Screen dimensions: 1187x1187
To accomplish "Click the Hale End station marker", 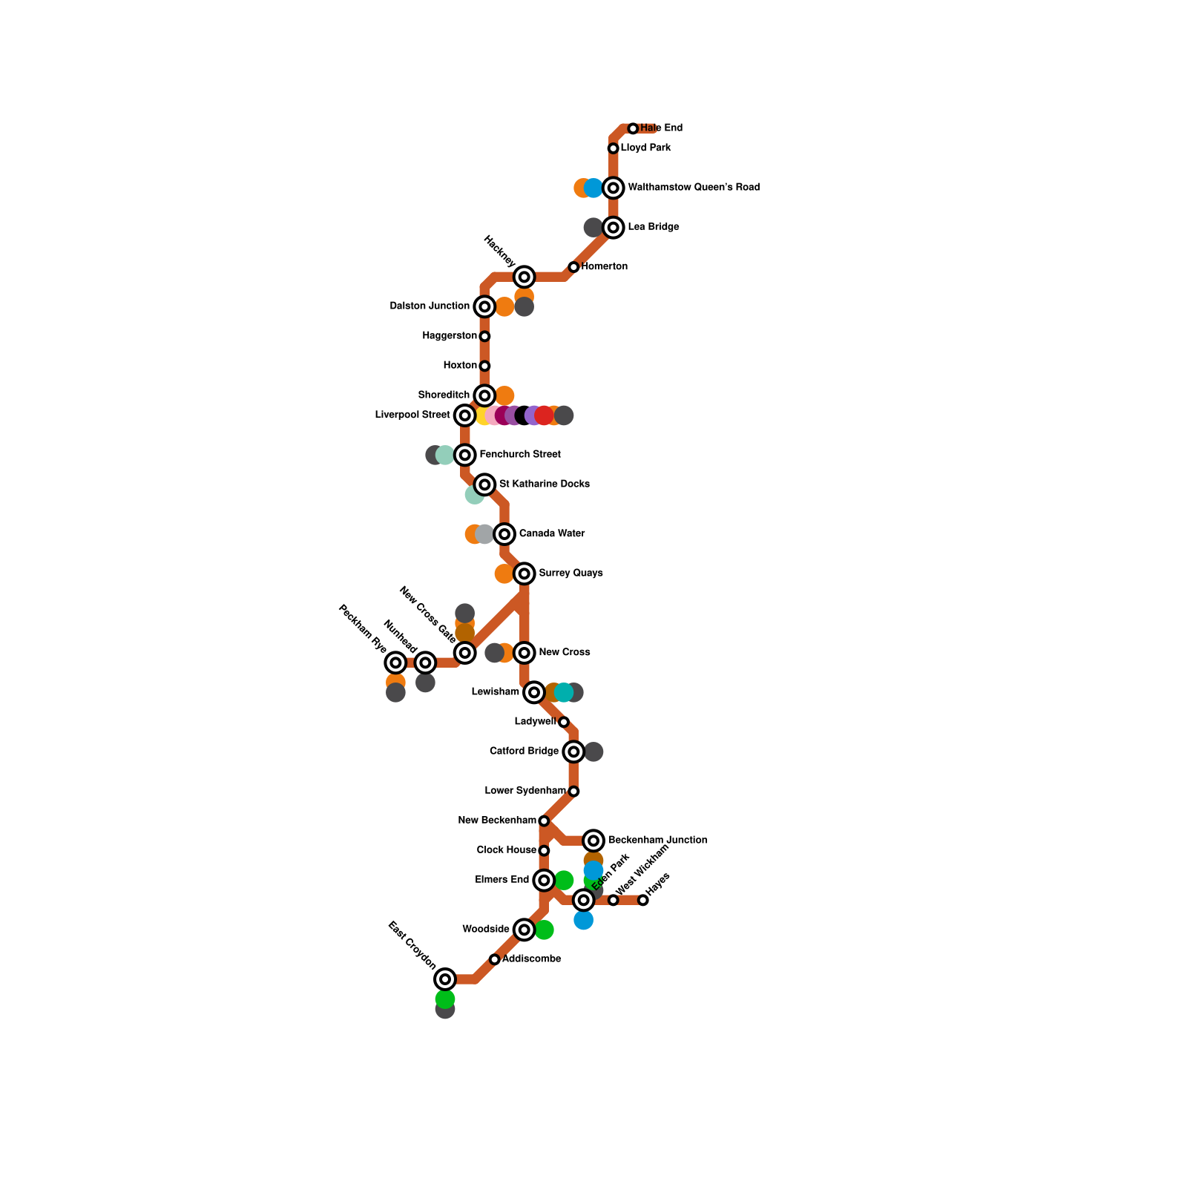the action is [633, 129].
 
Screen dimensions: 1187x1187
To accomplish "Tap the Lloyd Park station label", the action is [645, 148].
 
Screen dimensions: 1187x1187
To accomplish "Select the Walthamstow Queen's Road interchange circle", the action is [613, 188].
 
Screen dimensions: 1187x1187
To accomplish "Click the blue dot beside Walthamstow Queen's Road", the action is [593, 188].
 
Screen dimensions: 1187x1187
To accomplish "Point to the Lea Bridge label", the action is [653, 227].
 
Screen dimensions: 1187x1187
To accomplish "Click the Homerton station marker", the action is [573, 267].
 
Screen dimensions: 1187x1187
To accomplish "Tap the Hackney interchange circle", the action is [525, 277].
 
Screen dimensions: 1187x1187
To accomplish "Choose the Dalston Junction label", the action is [430, 306].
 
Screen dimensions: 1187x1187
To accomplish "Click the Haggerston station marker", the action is [484, 336].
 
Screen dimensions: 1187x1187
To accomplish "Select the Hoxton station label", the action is [460, 365].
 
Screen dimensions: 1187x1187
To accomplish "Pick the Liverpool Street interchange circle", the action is [464, 415].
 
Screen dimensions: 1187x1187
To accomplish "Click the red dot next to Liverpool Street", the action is [544, 415].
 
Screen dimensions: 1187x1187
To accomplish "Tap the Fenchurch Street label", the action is [519, 454].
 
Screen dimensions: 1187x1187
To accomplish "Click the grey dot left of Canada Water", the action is [484, 534].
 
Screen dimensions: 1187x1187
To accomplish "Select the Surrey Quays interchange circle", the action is [525, 573].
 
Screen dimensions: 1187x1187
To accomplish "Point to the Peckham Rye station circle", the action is [396, 662].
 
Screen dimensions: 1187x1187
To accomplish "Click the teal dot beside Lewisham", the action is [564, 692].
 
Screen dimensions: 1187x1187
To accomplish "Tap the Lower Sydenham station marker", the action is [573, 792].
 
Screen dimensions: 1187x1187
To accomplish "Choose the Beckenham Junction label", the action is [657, 840].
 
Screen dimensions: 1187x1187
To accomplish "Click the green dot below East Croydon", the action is [445, 999].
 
